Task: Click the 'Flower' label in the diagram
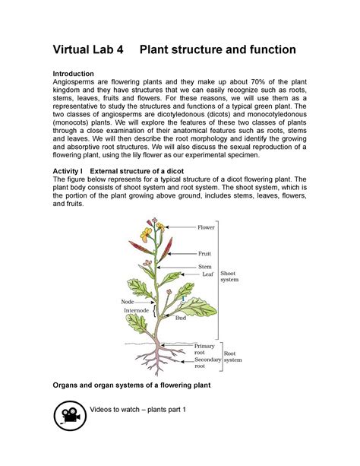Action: pyautogui.click(x=206, y=227)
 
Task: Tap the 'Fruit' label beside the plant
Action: pyautogui.click(x=204, y=253)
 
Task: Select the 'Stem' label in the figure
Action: pyautogui.click(x=204, y=267)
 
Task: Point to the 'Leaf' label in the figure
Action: pyautogui.click(x=207, y=274)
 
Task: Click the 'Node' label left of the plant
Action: pyautogui.click(x=128, y=302)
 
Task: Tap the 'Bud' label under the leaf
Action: pyautogui.click(x=181, y=318)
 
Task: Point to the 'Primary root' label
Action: pyautogui.click(x=204, y=350)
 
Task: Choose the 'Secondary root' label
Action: pyautogui.click(x=207, y=363)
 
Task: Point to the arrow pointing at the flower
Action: pyautogui.click(x=181, y=227)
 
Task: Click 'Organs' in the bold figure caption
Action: pyautogui.click(x=69, y=385)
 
